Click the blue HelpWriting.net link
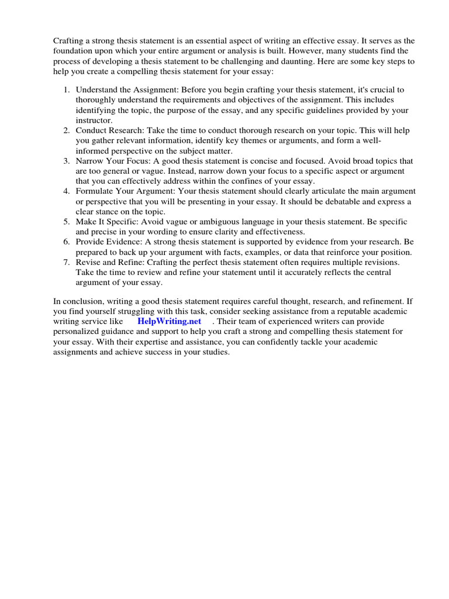click(169, 321)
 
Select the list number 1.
click(67, 90)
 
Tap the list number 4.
click(67, 191)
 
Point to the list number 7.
click(67, 263)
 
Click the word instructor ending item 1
click(93, 121)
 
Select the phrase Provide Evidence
click(108, 242)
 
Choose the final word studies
click(215, 352)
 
